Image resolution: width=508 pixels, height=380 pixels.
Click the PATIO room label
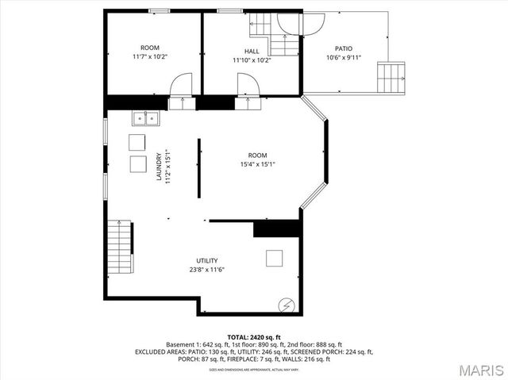coord(343,48)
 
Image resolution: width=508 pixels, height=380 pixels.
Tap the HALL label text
coord(252,52)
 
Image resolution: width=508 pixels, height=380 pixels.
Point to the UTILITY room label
coord(207,260)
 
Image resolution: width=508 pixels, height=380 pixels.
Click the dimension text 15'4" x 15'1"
coord(257,164)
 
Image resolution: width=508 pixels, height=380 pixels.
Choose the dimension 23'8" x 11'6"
coord(207,270)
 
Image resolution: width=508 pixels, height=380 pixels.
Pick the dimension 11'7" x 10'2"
coord(150,57)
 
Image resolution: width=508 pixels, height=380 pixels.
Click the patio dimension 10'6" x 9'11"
coord(344,57)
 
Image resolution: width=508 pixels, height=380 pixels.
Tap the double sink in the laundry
coord(145,118)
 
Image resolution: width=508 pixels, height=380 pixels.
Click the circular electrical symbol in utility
coord(286,305)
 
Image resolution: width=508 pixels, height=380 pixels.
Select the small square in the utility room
coord(275,258)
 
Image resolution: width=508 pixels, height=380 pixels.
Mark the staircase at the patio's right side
coord(391,78)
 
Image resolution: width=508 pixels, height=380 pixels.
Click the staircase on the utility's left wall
coord(119,246)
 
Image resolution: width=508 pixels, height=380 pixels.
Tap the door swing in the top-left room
coord(183,84)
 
